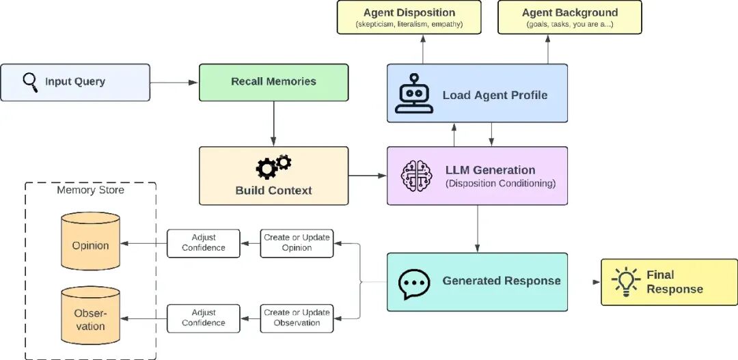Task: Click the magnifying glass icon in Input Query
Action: pos(30,83)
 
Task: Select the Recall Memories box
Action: pos(273,83)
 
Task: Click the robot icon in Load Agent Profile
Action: pos(414,93)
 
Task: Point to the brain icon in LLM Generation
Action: pos(416,176)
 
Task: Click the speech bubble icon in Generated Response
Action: pos(414,283)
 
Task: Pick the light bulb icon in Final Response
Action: pos(626,281)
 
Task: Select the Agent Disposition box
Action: pos(409,17)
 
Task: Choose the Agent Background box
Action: pos(569,17)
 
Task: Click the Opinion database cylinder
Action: pos(90,241)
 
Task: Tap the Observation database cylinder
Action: pos(90,316)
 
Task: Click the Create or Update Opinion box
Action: pos(297,243)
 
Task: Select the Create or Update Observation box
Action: pos(297,318)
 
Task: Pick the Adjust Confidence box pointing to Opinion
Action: pos(204,243)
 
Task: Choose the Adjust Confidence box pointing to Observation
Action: pos(204,318)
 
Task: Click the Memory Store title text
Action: pos(90,190)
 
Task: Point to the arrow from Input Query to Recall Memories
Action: pos(174,83)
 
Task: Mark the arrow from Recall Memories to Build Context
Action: pos(273,123)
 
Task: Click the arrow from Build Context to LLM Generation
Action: pos(367,176)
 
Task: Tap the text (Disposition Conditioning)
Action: pos(500,184)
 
